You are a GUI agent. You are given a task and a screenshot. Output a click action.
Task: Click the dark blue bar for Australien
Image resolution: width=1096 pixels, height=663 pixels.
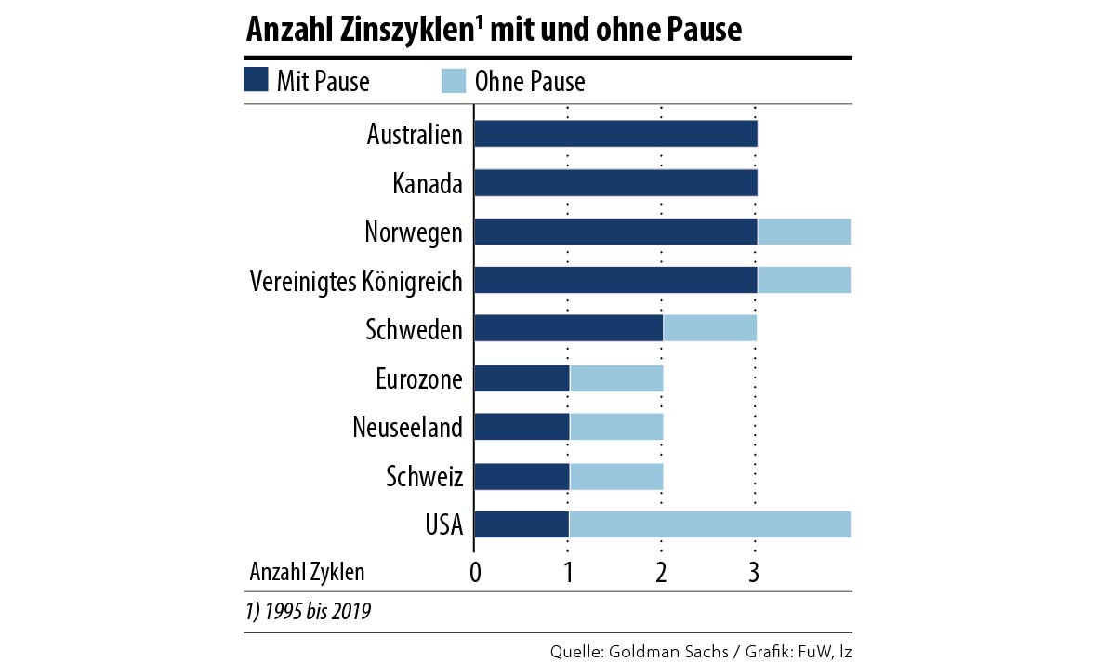tap(615, 134)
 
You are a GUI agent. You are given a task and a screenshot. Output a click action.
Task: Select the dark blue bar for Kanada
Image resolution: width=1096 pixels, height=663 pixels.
tap(615, 183)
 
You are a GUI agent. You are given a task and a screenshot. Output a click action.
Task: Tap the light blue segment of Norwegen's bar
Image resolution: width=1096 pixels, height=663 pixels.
tap(804, 232)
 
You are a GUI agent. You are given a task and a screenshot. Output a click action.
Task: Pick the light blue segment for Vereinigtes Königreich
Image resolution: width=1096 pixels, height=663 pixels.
tap(804, 280)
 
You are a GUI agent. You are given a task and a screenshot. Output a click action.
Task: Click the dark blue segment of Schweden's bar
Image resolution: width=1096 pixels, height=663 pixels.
tap(568, 328)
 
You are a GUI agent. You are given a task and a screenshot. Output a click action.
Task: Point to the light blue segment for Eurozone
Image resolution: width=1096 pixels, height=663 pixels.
tap(616, 378)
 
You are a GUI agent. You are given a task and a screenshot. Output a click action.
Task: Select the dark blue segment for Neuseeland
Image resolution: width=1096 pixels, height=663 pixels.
tap(522, 427)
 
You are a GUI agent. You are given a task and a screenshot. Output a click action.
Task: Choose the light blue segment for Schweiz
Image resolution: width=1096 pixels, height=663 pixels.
tap(616, 476)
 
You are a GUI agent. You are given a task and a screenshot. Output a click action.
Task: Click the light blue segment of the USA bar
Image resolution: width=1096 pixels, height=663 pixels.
tap(709, 524)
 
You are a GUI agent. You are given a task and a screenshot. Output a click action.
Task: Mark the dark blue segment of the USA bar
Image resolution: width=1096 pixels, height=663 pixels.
tap(522, 524)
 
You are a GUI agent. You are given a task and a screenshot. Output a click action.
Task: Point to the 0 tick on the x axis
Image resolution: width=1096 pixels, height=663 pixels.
tap(475, 572)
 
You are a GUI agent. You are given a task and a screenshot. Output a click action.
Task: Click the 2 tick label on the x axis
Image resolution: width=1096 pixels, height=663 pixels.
tap(661, 572)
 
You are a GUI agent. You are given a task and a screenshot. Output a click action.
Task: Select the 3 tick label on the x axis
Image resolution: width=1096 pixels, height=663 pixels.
tap(755, 572)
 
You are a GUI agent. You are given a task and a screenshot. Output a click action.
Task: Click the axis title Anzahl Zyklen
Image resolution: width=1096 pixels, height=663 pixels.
tap(307, 572)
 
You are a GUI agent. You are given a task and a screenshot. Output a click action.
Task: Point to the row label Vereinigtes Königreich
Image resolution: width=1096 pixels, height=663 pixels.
tap(356, 281)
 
